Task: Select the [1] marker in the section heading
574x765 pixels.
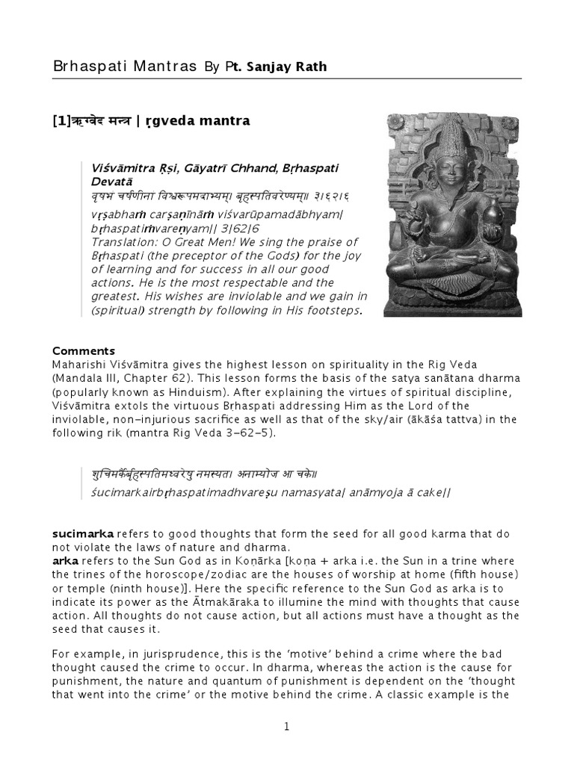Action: pos(61,120)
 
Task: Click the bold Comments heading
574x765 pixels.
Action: pos(84,350)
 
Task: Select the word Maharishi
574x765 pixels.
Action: pos(81,364)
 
